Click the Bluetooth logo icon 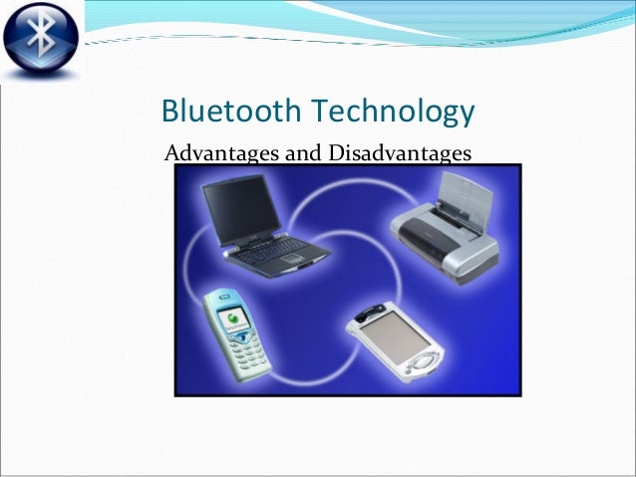click(x=43, y=43)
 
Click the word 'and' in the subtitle click(x=304, y=154)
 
